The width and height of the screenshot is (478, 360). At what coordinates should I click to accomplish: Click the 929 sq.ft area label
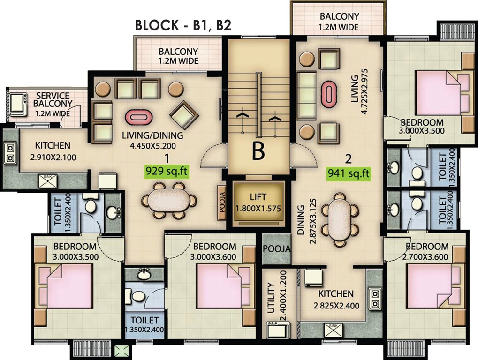point(167,171)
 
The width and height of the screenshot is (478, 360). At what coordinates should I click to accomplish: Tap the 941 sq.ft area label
point(348,173)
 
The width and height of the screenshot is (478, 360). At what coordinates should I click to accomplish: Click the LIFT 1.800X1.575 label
point(258,202)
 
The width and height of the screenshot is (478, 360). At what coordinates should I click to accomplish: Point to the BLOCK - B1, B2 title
point(183,25)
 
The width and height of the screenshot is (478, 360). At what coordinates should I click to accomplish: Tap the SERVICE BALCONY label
point(53,99)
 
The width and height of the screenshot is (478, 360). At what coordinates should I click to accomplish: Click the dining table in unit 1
point(169,201)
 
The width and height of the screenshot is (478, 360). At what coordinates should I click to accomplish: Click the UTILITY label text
point(271,298)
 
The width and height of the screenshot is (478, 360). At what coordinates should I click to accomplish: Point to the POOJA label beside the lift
point(222,202)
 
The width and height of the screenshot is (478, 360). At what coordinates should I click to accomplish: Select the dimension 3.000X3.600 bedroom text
point(213,257)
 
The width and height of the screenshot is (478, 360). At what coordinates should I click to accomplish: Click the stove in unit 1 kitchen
point(10,153)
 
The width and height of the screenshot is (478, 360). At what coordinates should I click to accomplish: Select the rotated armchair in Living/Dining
point(184,114)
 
